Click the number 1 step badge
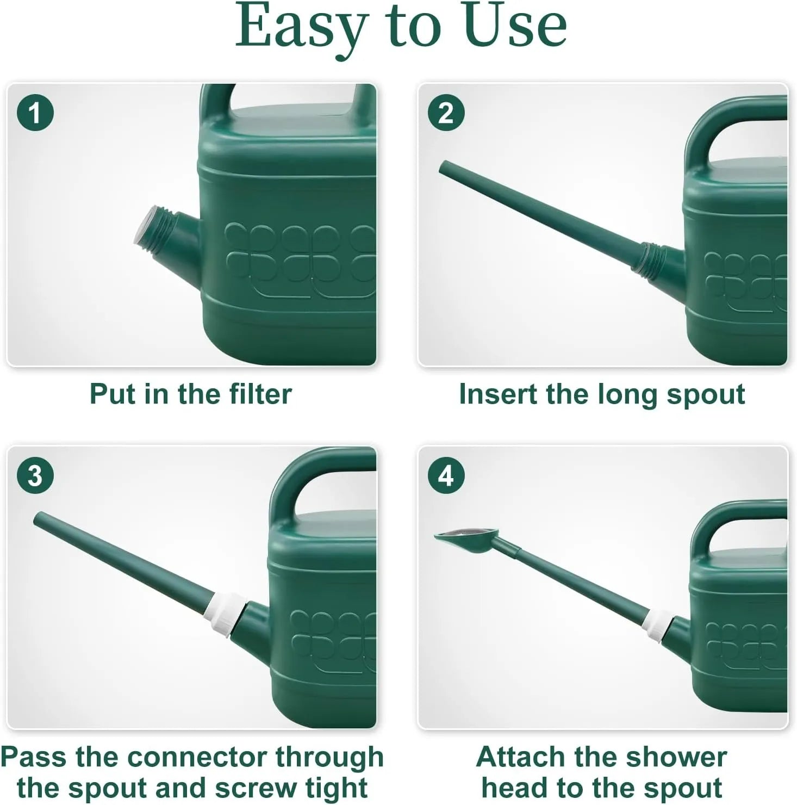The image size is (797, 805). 35,113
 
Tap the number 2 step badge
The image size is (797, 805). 446,113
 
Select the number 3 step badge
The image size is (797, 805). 35,476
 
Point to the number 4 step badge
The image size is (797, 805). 446,476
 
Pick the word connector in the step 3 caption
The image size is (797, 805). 198,757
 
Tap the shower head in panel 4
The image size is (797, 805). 462,541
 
